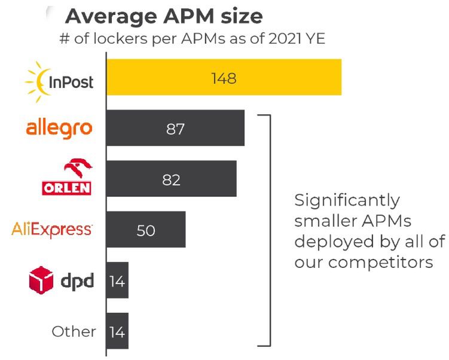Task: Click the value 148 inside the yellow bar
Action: pyautogui.click(x=224, y=78)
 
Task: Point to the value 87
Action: pyautogui.click(x=175, y=129)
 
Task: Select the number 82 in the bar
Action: pyautogui.click(x=171, y=179)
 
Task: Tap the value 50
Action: pyautogui.click(x=146, y=230)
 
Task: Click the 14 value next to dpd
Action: pyautogui.click(x=117, y=280)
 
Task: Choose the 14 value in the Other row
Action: pyautogui.click(x=117, y=331)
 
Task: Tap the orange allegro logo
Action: pyautogui.click(x=59, y=128)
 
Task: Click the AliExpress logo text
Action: pyautogui.click(x=52, y=230)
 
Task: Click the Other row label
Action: pyautogui.click(x=74, y=331)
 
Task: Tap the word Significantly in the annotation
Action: pyautogui.click(x=347, y=200)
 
